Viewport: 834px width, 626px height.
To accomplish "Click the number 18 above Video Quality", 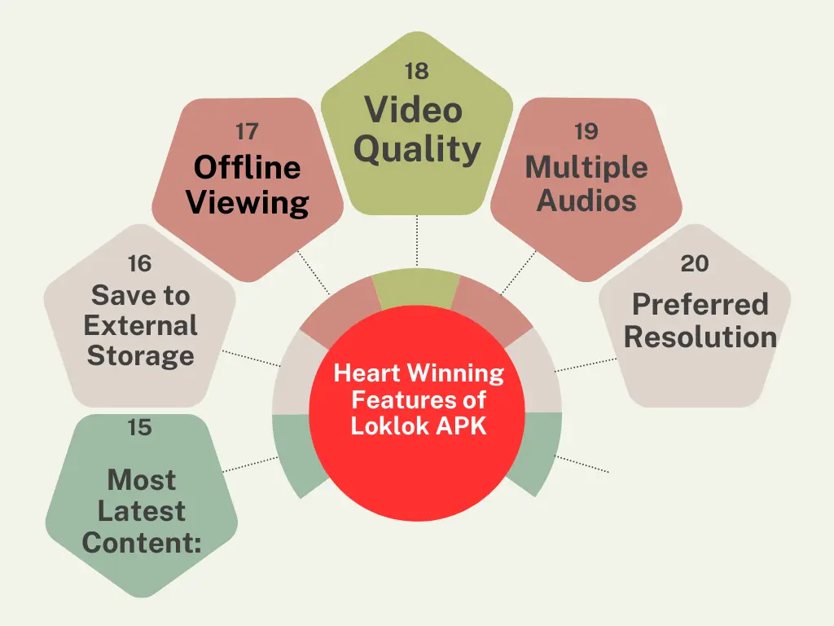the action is click(x=416, y=71).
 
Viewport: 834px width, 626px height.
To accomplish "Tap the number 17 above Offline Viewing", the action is click(x=247, y=131).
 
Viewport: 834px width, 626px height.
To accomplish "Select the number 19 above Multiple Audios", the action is click(x=586, y=131).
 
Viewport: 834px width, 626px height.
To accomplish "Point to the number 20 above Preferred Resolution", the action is click(x=695, y=263).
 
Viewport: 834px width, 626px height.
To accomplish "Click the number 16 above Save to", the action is click(x=139, y=263).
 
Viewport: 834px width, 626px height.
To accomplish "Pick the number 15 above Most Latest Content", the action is click(x=139, y=427).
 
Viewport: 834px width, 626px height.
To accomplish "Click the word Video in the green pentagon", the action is click(x=413, y=110).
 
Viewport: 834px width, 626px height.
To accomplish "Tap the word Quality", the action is click(x=418, y=150).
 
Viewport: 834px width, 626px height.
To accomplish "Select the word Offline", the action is click(x=248, y=167).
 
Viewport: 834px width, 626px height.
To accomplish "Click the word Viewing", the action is click(x=248, y=203).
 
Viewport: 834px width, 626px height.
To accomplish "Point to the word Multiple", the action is click(x=586, y=168).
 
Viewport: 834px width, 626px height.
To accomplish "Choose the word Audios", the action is click(x=586, y=201).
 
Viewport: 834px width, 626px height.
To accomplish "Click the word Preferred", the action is click(x=700, y=305).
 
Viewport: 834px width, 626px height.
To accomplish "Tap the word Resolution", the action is click(x=700, y=337).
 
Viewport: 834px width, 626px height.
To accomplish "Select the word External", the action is click(x=140, y=325).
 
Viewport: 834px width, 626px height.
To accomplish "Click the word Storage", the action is click(x=140, y=356).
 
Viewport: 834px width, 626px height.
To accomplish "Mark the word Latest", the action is click(x=142, y=511).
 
